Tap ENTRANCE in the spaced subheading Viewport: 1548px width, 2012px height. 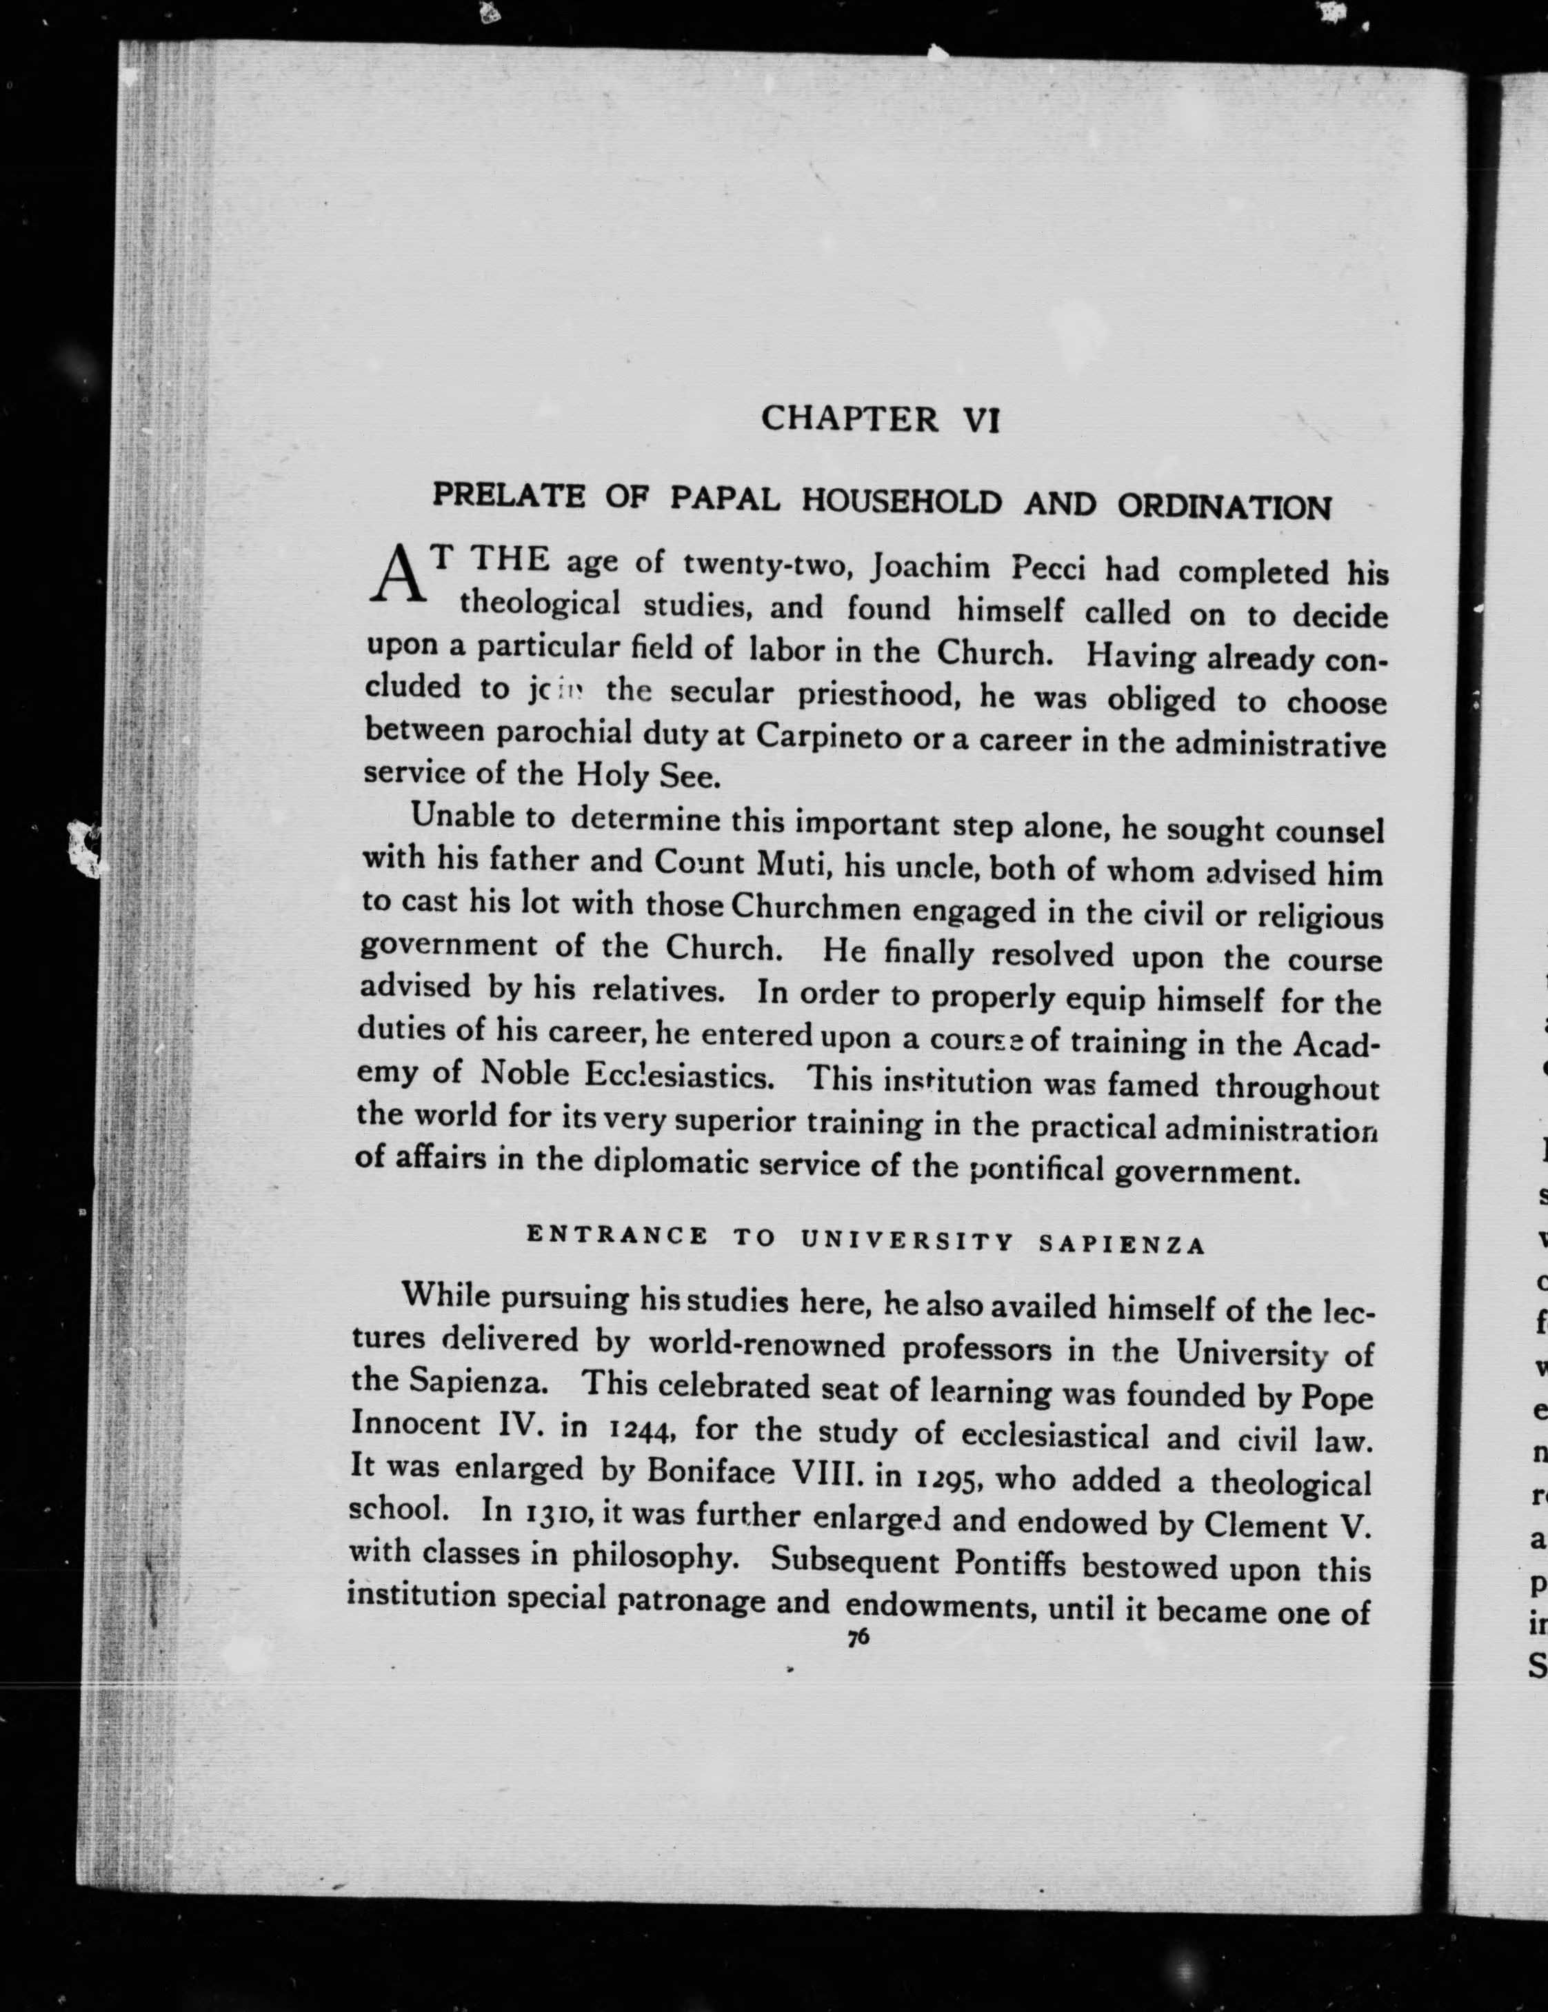pyautogui.click(x=617, y=1236)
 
